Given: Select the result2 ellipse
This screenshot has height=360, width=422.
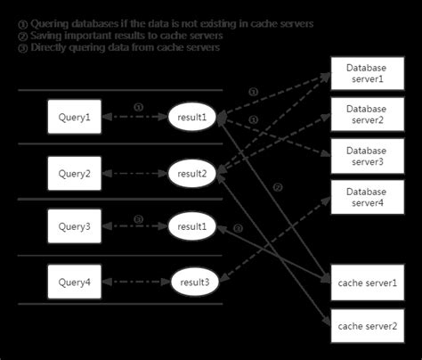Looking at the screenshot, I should [x=193, y=173].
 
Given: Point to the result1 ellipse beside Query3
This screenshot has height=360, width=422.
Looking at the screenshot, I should [x=193, y=227].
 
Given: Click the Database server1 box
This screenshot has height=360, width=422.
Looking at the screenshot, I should [x=367, y=74].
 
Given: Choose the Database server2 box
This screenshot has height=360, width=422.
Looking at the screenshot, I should [x=367, y=114].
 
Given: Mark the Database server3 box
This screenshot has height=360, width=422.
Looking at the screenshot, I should [x=367, y=153].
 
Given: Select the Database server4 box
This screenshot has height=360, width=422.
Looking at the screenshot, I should [x=367, y=197].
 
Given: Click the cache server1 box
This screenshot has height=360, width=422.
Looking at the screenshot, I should [x=367, y=282].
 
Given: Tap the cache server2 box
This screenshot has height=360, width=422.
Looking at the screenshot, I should [x=367, y=325].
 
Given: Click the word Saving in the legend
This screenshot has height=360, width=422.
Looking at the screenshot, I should [x=46, y=35].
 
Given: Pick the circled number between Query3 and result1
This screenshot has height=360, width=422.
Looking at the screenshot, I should [x=138, y=219].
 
